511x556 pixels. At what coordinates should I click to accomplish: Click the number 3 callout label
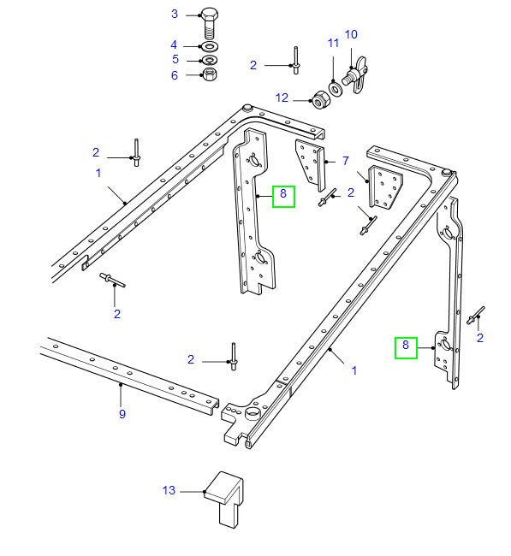coord(175,14)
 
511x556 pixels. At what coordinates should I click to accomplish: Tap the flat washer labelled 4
coord(211,45)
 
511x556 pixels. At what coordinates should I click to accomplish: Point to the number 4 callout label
coord(175,44)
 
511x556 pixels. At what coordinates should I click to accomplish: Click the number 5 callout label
coord(175,60)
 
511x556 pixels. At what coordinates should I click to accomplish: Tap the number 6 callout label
coord(175,75)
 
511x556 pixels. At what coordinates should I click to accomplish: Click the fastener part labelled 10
coord(355,74)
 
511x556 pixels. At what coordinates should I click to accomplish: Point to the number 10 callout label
coord(351,35)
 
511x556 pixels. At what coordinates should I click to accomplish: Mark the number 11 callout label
coord(332,43)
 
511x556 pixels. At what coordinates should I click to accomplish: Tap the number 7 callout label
coord(345,160)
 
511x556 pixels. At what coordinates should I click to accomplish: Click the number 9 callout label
coord(122,414)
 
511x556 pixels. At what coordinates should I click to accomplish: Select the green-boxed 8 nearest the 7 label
coord(283,196)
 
